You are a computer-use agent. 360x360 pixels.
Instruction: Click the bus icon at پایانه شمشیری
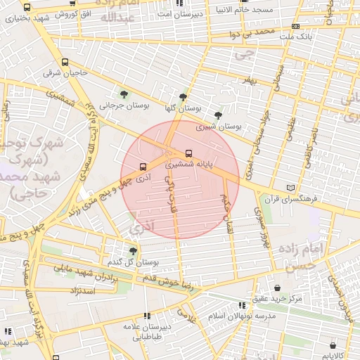pos(188,153)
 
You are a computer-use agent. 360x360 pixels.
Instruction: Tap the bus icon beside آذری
pos(143,167)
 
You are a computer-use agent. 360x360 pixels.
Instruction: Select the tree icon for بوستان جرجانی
pos(124,94)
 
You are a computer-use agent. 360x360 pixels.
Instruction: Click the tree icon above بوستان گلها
pos(184,97)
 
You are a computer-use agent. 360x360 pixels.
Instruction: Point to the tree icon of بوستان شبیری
pos(218,114)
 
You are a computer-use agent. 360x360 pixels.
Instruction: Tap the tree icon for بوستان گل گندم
pos(133,250)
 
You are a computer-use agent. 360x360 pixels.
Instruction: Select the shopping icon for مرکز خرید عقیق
pos(279,288)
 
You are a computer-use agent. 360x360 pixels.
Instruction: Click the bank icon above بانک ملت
pos(295,26)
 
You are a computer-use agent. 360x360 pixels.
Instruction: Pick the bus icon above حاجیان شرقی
pos(65,62)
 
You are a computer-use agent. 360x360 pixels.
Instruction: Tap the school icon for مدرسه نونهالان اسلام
pos(243,305)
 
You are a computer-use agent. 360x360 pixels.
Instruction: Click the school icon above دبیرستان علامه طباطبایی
pos(146,316)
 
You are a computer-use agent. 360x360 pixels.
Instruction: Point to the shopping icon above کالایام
pos(333,345)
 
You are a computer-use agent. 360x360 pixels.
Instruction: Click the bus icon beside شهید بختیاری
pos(27,7)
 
